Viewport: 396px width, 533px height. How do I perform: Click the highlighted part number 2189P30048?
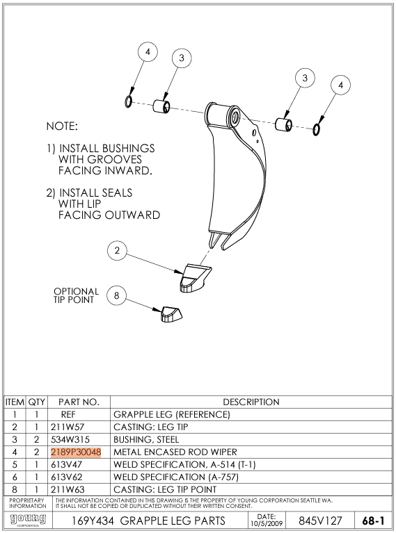coord(76,452)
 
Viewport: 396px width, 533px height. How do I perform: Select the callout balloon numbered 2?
coord(117,251)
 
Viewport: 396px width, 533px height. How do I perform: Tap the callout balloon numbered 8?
coord(116,295)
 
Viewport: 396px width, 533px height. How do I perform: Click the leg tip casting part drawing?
coord(194,278)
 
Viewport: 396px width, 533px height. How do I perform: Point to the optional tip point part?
coord(171,314)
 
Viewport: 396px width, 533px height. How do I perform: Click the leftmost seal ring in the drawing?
coord(129,101)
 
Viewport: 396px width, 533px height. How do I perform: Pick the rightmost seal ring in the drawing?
coord(316,129)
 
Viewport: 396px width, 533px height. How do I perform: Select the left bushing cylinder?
coord(161,106)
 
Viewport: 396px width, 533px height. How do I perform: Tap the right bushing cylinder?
coord(283,124)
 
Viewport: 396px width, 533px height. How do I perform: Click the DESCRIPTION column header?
coord(251,402)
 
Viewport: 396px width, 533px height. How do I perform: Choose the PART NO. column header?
coord(79,402)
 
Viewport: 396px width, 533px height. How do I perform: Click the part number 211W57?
coord(68,427)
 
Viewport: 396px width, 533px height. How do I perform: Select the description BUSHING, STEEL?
coord(146,439)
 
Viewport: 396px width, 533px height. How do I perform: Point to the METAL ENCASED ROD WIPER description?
coord(175,452)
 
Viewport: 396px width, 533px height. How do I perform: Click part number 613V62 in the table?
coord(67,477)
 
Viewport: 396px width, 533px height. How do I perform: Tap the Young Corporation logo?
coord(28,520)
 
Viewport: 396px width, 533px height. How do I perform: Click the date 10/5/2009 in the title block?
coord(267,523)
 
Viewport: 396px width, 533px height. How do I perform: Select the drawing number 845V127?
coord(320,520)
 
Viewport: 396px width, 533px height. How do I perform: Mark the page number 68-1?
coord(373,520)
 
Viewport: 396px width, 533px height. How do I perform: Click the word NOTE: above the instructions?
coord(62,126)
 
